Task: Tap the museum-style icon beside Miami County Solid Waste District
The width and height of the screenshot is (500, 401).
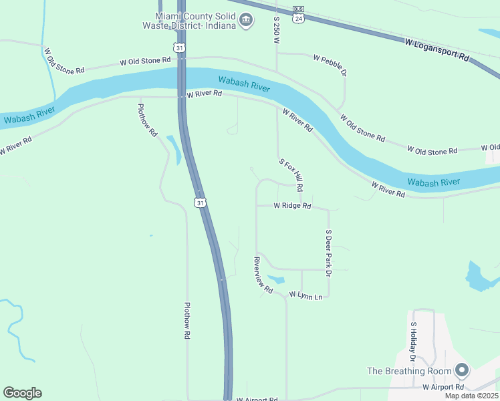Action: point(246,21)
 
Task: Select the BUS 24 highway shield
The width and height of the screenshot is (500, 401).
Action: point(297,15)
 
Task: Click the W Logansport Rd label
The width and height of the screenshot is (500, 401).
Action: point(437,51)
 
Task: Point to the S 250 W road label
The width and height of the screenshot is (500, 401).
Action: point(275,30)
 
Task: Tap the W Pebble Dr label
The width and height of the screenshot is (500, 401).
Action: point(330,63)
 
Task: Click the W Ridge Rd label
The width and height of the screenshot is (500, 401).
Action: point(292,206)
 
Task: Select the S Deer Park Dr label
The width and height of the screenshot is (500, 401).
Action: point(328,253)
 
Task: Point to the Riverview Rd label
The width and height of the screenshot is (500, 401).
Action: point(263,275)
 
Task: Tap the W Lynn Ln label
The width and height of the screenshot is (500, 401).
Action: point(305,295)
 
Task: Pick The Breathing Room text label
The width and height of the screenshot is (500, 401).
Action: point(408,371)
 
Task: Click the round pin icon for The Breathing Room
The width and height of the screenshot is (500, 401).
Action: point(461,370)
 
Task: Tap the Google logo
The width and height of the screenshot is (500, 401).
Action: point(22,393)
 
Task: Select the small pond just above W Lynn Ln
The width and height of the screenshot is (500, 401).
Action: point(275,280)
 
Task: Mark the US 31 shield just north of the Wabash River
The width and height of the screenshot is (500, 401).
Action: point(178,47)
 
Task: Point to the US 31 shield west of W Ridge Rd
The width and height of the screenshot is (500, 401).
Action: point(200,202)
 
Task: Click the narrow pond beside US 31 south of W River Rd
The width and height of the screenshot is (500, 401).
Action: point(173,148)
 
